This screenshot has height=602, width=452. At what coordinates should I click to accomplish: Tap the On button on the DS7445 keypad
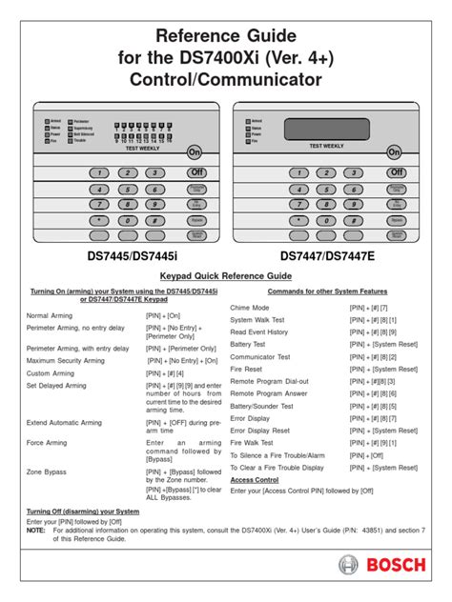click(x=195, y=151)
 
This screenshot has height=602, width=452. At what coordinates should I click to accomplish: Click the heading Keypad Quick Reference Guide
click(x=225, y=276)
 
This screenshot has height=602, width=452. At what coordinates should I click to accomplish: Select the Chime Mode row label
click(x=250, y=308)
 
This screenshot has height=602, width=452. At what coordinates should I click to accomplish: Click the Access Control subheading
click(x=255, y=479)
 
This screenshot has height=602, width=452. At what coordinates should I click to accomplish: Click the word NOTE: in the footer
click(x=36, y=530)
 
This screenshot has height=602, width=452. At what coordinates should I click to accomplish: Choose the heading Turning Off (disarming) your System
click(x=83, y=511)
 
